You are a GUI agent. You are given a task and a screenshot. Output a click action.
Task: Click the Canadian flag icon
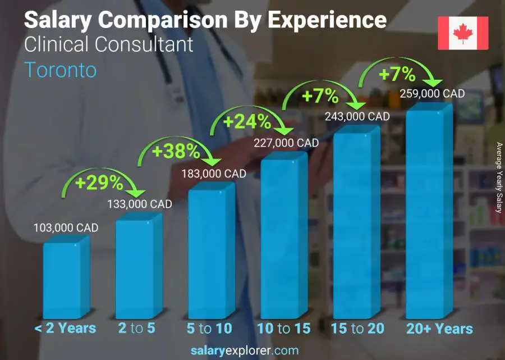pyautogui.click(x=462, y=33)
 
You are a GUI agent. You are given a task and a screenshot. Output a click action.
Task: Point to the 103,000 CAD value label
pyautogui.click(x=66, y=227)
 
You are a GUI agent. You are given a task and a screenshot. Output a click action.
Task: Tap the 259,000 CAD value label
pyautogui.click(x=432, y=94)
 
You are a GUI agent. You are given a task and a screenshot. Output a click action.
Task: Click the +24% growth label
pyautogui.click(x=247, y=121)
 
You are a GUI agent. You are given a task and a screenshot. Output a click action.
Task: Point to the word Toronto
pyautogui.click(x=61, y=70)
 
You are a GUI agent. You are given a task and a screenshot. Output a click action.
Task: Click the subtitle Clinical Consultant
pyautogui.click(x=109, y=44)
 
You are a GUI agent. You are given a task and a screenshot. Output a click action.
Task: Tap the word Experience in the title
pyautogui.click(x=327, y=20)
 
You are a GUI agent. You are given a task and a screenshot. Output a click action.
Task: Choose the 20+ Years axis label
pyautogui.click(x=440, y=329)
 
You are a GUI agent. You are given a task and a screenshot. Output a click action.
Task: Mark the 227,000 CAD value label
pyautogui.click(x=286, y=143)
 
